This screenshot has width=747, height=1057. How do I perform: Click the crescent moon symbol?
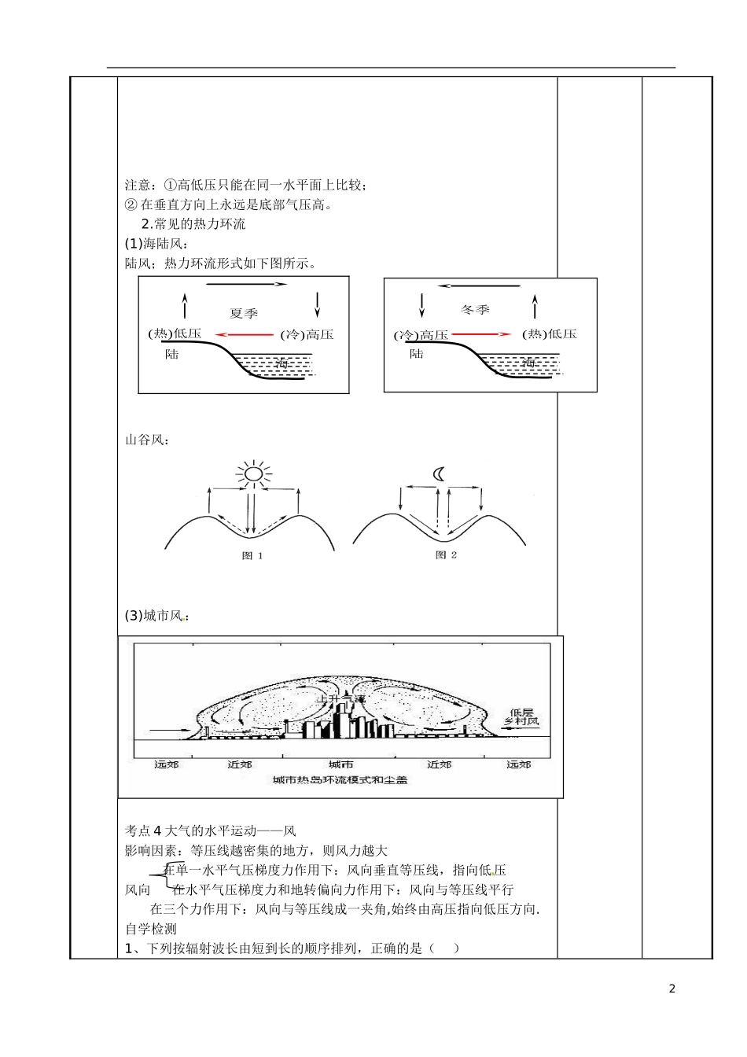pyautogui.click(x=440, y=473)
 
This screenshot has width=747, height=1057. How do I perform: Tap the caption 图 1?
pyautogui.click(x=252, y=555)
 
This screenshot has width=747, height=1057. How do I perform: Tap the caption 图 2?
pyautogui.click(x=446, y=555)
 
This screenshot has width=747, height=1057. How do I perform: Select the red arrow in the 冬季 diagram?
pyautogui.click(x=481, y=334)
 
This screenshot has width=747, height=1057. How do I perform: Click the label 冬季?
pyautogui.click(x=474, y=310)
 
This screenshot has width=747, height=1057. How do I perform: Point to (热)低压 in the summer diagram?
pyautogui.click(x=175, y=333)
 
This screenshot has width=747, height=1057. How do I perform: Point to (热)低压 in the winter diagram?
pyautogui.click(x=550, y=333)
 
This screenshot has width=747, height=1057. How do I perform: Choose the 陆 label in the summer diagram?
pyautogui.click(x=172, y=355)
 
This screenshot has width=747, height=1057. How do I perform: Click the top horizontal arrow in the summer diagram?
pyautogui.click(x=248, y=284)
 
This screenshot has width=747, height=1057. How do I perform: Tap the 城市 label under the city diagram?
pyautogui.click(x=340, y=764)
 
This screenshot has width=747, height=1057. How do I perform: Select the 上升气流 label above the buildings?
pyautogui.click(x=341, y=698)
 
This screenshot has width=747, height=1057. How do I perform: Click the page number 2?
pyautogui.click(x=672, y=989)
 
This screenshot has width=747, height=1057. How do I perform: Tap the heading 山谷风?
pyautogui.click(x=147, y=440)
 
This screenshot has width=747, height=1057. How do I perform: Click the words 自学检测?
pyautogui.click(x=151, y=929)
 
